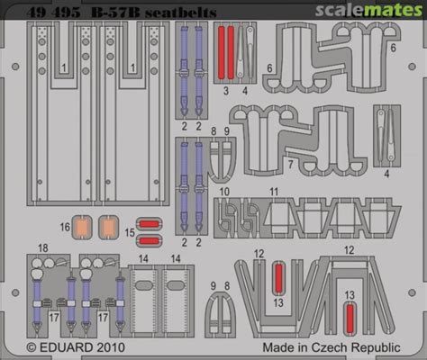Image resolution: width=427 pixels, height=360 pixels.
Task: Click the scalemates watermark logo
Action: click(x=368, y=10)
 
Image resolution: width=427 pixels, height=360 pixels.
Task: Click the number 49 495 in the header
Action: click(x=53, y=13)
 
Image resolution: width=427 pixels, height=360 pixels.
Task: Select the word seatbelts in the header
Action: click(x=181, y=13)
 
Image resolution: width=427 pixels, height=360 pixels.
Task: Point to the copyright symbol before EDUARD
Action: click(x=32, y=347)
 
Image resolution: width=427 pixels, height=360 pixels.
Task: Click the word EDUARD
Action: click(x=66, y=347)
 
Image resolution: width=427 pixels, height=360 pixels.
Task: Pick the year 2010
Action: click(x=111, y=347)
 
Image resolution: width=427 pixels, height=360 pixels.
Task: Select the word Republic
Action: click(x=376, y=347)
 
